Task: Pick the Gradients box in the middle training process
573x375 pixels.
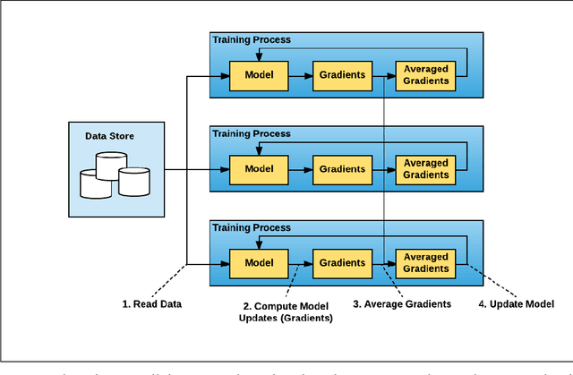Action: (x=340, y=169)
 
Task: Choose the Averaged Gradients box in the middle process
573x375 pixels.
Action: (x=426, y=169)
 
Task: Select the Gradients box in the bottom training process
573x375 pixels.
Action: (x=340, y=263)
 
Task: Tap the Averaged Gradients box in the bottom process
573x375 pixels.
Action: (x=426, y=263)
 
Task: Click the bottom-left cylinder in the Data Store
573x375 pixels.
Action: (x=96, y=183)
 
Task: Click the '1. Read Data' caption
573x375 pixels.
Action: (x=152, y=304)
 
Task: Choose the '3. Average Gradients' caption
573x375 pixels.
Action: (x=402, y=304)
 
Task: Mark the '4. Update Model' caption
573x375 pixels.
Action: (x=517, y=304)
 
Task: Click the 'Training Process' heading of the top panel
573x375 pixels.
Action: (x=251, y=40)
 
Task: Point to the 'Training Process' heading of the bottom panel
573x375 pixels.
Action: (x=251, y=228)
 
